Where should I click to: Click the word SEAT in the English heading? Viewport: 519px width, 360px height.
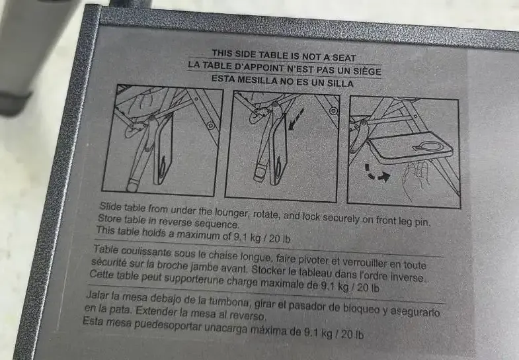tap(344, 58)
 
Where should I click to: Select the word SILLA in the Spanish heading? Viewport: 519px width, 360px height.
tap(340, 83)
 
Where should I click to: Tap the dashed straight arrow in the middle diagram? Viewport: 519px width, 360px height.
tap(296, 119)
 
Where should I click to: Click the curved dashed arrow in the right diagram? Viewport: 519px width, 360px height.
tap(377, 174)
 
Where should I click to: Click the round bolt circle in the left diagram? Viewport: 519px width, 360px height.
tap(210, 126)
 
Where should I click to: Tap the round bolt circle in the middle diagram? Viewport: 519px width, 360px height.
tap(333, 111)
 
